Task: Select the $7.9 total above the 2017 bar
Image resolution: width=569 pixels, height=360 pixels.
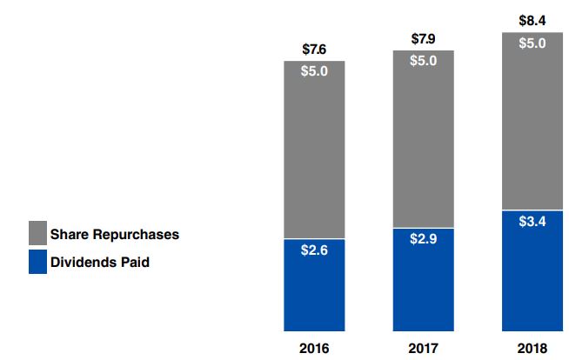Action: tap(423, 38)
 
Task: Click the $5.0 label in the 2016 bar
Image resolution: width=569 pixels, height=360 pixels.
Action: tap(314, 72)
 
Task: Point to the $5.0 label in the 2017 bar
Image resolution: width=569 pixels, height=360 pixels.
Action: tap(423, 61)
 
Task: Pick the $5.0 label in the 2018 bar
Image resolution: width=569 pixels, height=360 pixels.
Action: tap(532, 43)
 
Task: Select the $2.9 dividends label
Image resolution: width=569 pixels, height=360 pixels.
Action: tap(423, 238)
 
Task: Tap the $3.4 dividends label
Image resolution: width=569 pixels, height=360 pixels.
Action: tap(532, 221)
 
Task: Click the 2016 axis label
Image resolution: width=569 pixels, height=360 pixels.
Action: tap(314, 348)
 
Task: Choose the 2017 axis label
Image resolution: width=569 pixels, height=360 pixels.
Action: tap(423, 348)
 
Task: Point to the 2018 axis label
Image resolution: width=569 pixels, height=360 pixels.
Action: tap(532, 348)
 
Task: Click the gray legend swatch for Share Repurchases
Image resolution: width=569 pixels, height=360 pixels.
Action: tap(37, 233)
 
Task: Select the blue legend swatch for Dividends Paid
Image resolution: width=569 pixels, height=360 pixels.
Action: tap(37, 261)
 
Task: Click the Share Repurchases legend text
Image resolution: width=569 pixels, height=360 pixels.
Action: tap(114, 234)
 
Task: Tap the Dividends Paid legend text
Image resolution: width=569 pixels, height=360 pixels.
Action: tap(100, 261)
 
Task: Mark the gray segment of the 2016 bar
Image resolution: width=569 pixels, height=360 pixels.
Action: tap(314, 157)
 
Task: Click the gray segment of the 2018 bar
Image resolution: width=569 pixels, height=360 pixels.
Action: tap(532, 130)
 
